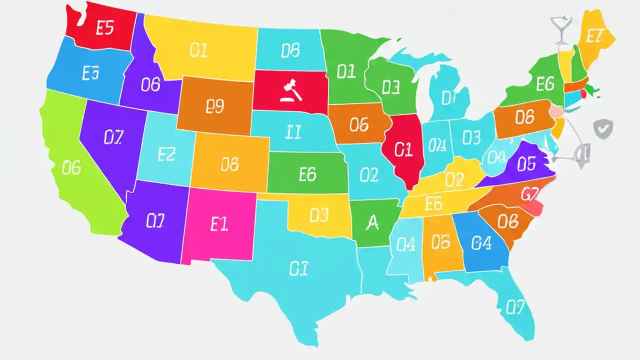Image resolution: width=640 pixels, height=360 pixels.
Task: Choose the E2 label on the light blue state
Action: (166, 154)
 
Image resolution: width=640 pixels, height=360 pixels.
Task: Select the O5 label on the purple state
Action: (526, 163)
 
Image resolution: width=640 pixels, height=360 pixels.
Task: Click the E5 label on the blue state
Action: (90, 73)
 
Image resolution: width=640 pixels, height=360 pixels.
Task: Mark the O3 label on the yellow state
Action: (318, 215)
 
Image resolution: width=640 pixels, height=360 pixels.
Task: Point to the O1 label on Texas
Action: (297, 269)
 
